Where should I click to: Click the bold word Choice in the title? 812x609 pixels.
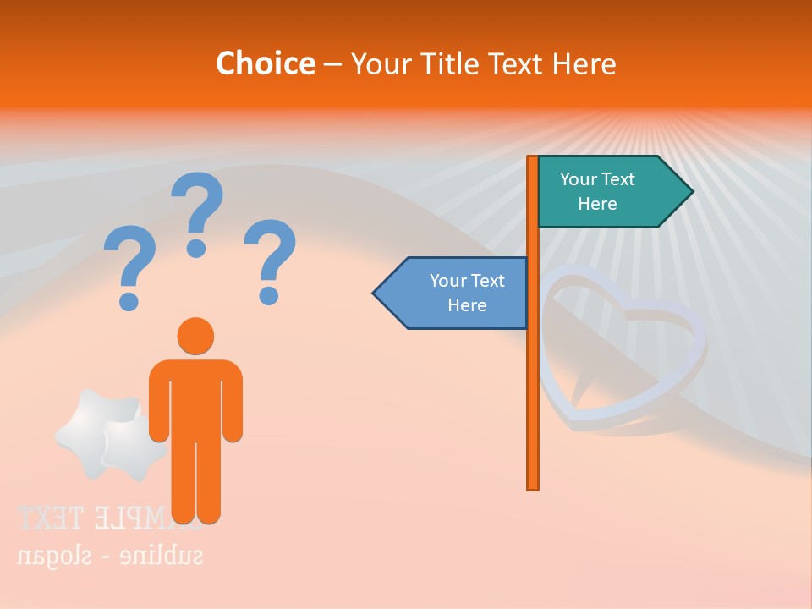coord(265,64)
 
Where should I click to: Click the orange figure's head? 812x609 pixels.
coord(195,336)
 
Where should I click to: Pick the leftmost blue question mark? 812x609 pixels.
coord(129,267)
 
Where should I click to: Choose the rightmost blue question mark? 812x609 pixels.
coord(270,261)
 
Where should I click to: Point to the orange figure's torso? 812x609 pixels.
coord(195,398)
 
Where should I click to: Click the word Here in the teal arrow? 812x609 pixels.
coord(597,204)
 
